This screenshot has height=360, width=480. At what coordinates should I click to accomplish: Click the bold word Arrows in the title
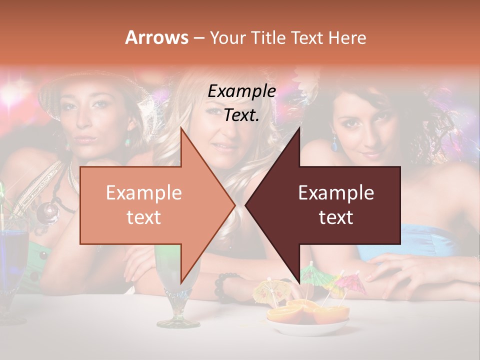157,37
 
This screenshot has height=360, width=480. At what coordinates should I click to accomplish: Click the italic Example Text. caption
241,103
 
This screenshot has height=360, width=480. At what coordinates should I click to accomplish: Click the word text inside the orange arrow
143,217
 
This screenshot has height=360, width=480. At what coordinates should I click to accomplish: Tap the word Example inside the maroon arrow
336,193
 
